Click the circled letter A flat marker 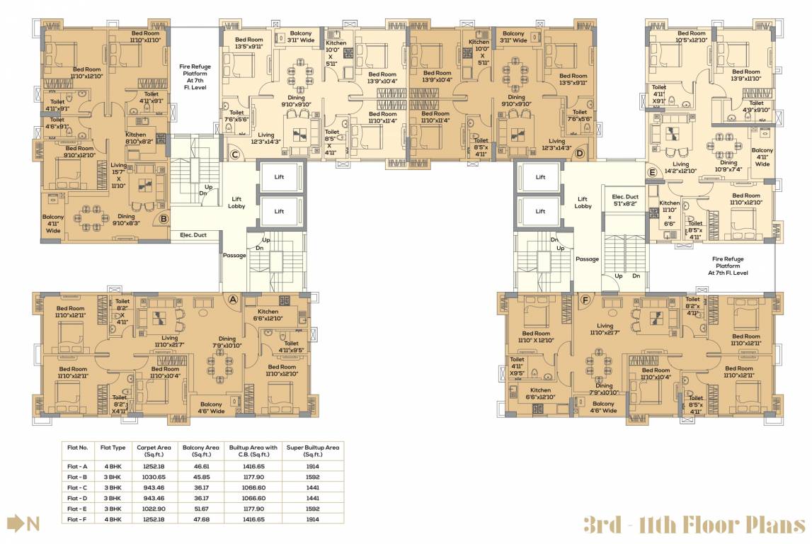pos(232,299)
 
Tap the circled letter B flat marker pos(164,219)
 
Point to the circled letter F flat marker pos(584,299)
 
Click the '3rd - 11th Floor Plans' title pos(694,525)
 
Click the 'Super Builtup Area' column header pos(312,450)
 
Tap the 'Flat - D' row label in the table pos(78,498)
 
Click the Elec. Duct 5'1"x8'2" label pos(619,200)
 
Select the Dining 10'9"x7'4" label pos(728,166)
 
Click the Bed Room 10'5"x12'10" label pos(692,37)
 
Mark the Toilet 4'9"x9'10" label pos(756,106)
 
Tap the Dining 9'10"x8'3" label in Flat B pos(126,220)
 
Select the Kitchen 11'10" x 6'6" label pos(670,212)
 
